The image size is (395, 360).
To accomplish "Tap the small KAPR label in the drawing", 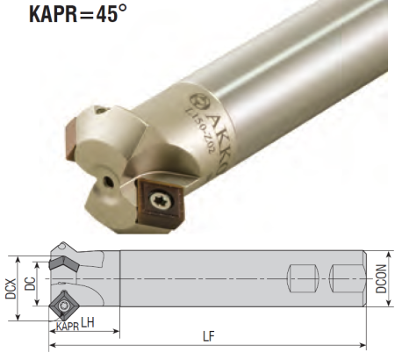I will [x=66, y=327].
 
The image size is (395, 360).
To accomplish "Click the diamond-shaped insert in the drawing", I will [x=64, y=304].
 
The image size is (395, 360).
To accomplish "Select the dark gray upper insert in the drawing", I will [x=64, y=263].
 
